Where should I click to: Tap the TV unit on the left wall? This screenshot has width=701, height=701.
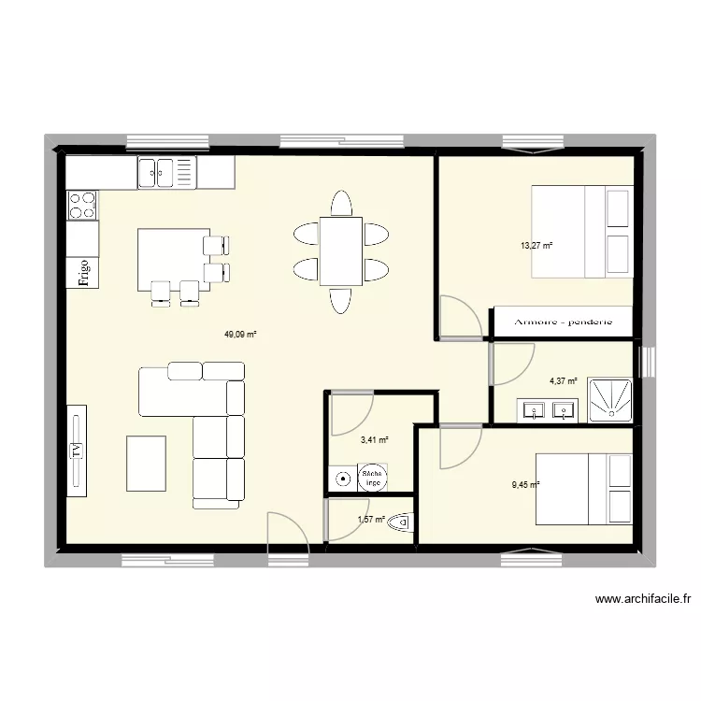[76, 451]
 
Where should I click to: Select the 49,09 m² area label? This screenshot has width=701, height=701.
[240, 333]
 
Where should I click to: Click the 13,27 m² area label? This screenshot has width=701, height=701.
[536, 246]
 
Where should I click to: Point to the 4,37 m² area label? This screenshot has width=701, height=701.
[563, 380]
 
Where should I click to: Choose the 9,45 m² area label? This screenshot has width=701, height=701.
[524, 484]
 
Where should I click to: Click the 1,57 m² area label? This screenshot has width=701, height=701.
[371, 520]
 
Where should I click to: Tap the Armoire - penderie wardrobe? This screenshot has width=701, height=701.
[563, 322]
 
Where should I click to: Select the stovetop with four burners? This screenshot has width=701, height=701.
[82, 205]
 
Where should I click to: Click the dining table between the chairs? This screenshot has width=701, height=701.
[340, 250]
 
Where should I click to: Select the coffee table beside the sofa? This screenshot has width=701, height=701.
[147, 463]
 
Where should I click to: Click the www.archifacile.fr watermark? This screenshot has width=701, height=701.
[640, 599]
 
